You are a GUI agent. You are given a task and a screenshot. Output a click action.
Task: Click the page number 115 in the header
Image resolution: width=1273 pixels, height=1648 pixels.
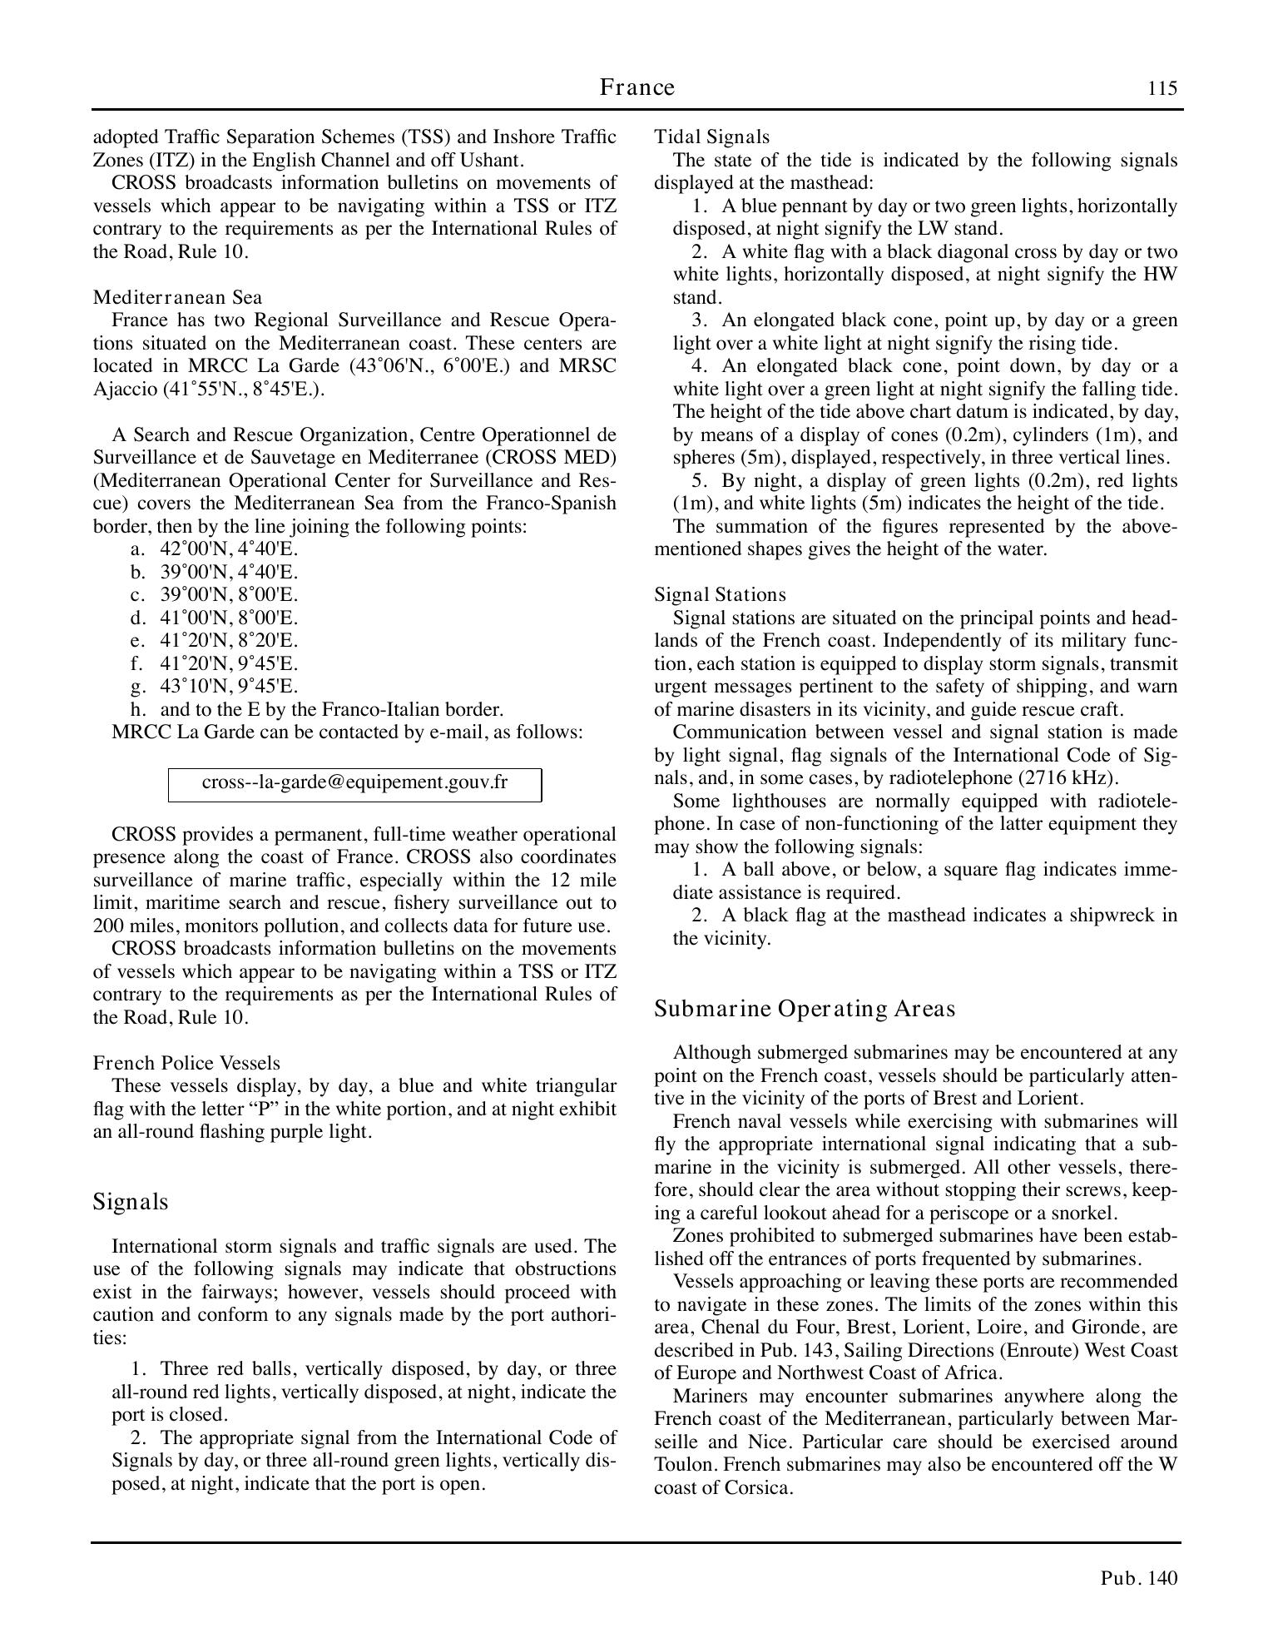(x=1162, y=89)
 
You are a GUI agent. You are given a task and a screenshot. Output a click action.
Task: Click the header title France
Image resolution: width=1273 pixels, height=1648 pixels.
(x=636, y=87)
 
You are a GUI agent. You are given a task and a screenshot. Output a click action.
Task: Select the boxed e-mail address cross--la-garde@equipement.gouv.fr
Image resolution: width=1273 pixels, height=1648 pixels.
(x=354, y=783)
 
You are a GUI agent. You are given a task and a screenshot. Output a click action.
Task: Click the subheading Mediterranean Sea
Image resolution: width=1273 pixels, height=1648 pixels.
(x=177, y=297)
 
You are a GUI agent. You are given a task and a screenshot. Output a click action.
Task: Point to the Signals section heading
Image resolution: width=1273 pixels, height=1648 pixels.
(x=131, y=1202)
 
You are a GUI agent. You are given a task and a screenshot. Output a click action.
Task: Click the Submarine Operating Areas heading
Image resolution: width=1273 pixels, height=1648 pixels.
(x=805, y=1009)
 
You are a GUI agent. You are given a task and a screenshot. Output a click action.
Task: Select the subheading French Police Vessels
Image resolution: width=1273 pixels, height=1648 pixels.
(x=186, y=1063)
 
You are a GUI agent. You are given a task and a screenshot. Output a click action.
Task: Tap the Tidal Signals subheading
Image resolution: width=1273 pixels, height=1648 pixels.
(x=711, y=137)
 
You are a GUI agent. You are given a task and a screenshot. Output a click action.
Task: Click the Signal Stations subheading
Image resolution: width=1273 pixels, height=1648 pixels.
(x=720, y=594)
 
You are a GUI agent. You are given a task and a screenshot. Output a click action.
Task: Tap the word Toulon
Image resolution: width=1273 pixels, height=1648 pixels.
(x=682, y=1465)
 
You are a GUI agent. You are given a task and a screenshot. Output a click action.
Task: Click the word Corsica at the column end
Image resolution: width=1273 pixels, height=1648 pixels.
(x=760, y=1487)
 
